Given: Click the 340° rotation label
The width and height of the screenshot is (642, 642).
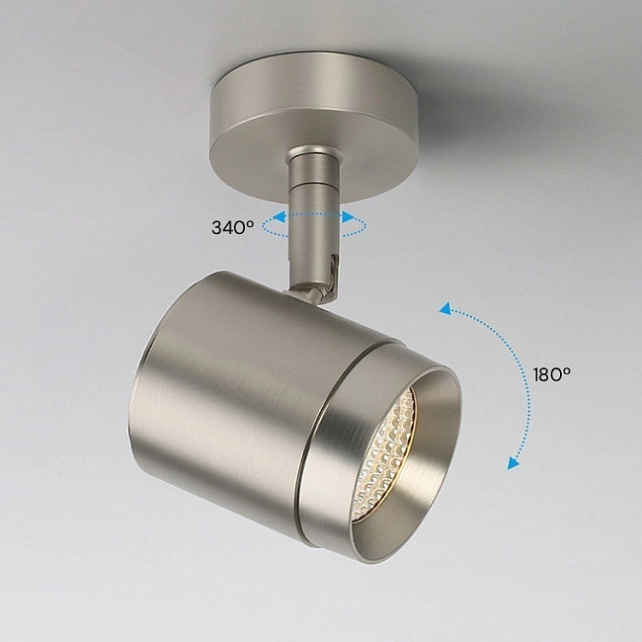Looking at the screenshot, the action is point(232,227).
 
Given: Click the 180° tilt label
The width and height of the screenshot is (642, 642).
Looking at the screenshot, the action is point(551,373).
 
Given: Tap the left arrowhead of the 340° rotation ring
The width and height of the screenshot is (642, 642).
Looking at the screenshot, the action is point(281,217).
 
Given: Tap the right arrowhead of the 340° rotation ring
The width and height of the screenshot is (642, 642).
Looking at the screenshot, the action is point(349,217).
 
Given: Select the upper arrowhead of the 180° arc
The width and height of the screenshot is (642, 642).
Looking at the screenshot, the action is point(445,309).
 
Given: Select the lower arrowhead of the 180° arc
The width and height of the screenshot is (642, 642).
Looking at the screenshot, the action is point(513,463).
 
